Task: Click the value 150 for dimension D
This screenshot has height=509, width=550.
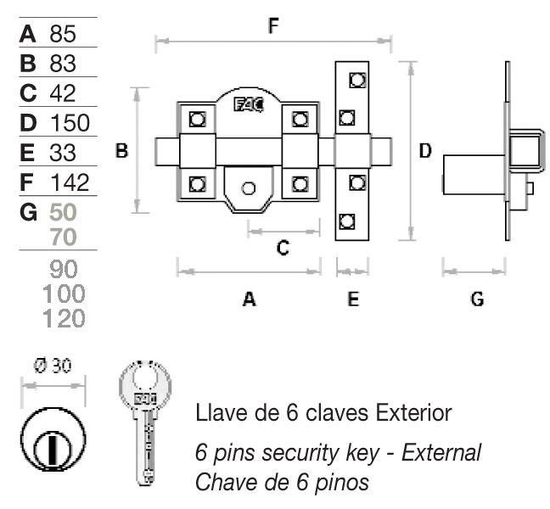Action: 70,123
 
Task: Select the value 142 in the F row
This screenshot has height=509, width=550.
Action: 70,182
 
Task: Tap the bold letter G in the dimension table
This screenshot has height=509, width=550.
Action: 28,212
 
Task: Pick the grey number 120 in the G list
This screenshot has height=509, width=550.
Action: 64,318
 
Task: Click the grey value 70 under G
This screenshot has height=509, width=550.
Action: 63,237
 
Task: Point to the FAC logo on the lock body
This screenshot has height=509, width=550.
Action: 249,105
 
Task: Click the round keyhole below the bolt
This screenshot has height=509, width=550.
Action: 249,188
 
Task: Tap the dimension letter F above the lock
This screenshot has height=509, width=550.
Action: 273,25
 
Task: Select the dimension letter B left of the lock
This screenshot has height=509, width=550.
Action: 121,151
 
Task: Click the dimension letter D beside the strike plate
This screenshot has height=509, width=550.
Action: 425,151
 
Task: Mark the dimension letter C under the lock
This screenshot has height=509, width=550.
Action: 283,248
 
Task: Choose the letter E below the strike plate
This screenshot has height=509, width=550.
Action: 353,299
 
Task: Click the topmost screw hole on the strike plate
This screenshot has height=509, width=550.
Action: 357,80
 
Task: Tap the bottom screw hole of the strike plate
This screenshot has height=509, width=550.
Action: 347,221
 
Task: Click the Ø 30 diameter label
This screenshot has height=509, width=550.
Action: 53,366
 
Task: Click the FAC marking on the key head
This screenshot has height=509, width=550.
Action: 146,399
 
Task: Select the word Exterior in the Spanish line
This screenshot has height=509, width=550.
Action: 413,413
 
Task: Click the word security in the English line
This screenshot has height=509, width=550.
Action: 301,453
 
